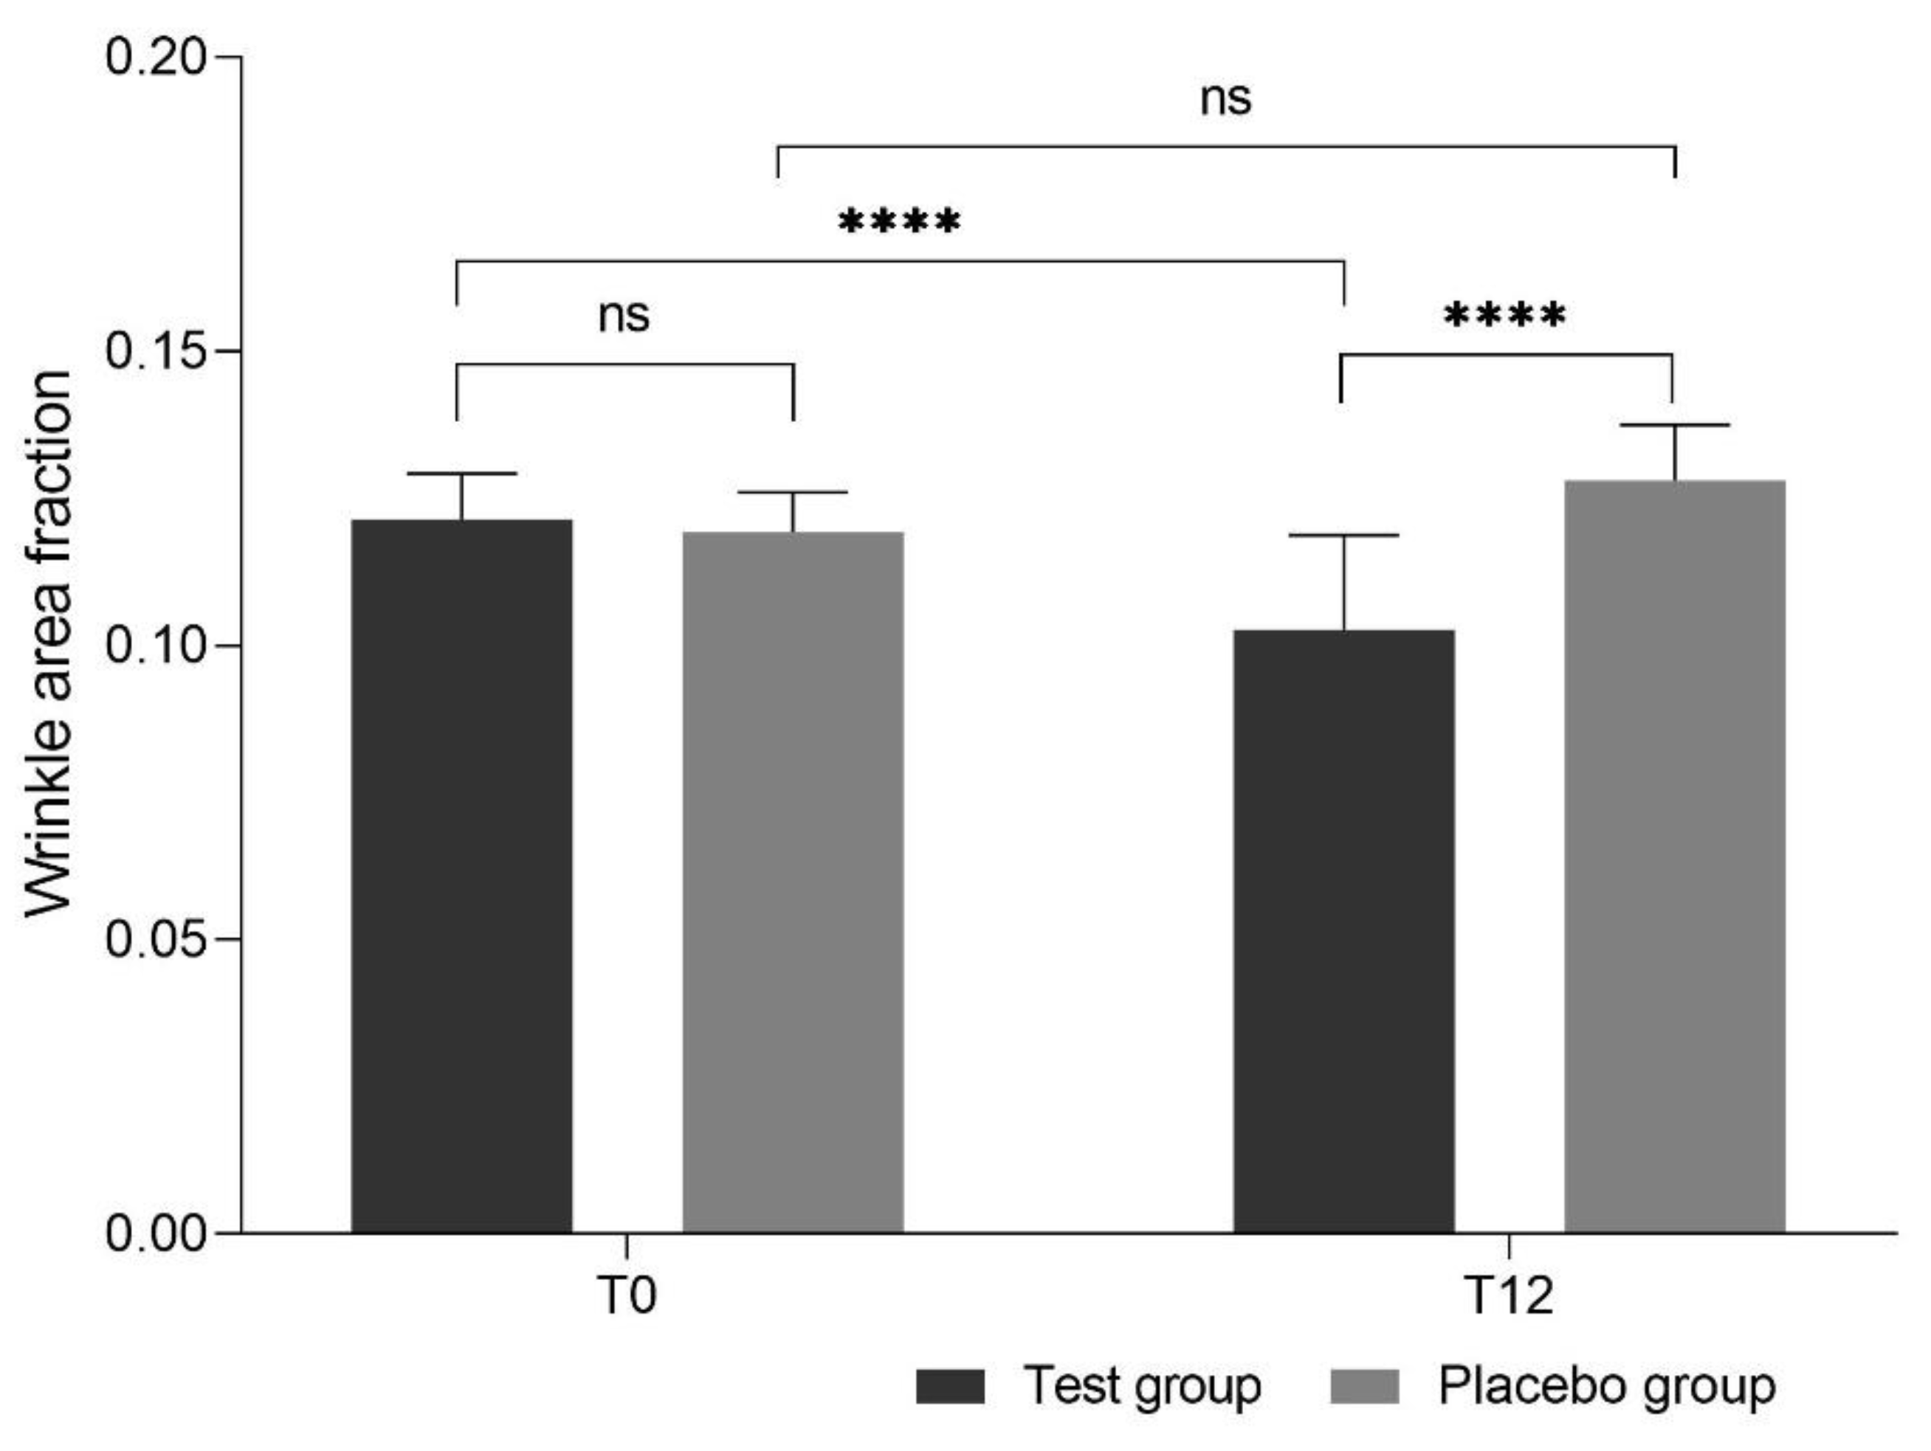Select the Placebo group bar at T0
[x=793, y=882]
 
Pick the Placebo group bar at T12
[x=1674, y=855]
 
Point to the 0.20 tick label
[x=156, y=58]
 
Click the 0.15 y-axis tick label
[x=156, y=350]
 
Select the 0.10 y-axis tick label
[x=156, y=645]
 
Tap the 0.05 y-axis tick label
[x=156, y=940]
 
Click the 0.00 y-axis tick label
[x=156, y=1233]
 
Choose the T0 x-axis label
[x=627, y=1295]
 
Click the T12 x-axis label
[x=1510, y=1295]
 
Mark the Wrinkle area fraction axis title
[x=48, y=644]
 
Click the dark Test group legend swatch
[x=950, y=1386]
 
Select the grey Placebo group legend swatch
[x=1364, y=1386]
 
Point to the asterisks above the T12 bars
[x=1505, y=316]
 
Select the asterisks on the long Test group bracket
[x=899, y=223]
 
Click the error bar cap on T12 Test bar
[x=1343, y=535]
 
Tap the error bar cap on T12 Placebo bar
[x=1674, y=425]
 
